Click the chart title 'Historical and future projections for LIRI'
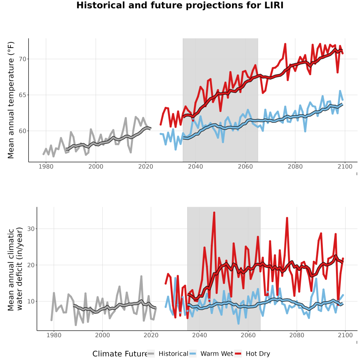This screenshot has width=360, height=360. tap(180, 5)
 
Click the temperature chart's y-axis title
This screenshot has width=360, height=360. tap(11, 100)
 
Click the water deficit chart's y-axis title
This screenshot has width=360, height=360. tap(15, 269)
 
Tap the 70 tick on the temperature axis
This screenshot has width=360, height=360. tap(22, 59)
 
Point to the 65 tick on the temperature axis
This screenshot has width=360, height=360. tap(22, 95)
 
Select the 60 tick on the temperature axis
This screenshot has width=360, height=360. tap(22, 131)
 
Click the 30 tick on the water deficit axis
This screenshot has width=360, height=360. tap(31, 229)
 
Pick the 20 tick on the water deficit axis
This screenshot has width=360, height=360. tap(31, 265)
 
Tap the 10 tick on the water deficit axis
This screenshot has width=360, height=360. tap(31, 301)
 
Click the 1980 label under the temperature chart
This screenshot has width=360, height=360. tap(46, 166)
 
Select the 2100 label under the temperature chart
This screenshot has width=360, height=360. tap(345, 166)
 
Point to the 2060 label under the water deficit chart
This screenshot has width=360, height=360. tap(248, 335)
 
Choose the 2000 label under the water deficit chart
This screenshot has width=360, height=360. tap(102, 335)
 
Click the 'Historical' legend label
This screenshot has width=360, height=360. tap(173, 354)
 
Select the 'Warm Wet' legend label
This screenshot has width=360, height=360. tap(217, 354)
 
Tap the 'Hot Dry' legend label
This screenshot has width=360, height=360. tap(258, 354)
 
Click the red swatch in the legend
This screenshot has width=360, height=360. tap(238, 354)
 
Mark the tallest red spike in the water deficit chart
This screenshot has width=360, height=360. tap(214, 213)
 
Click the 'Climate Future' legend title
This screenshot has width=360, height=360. tap(120, 354)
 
